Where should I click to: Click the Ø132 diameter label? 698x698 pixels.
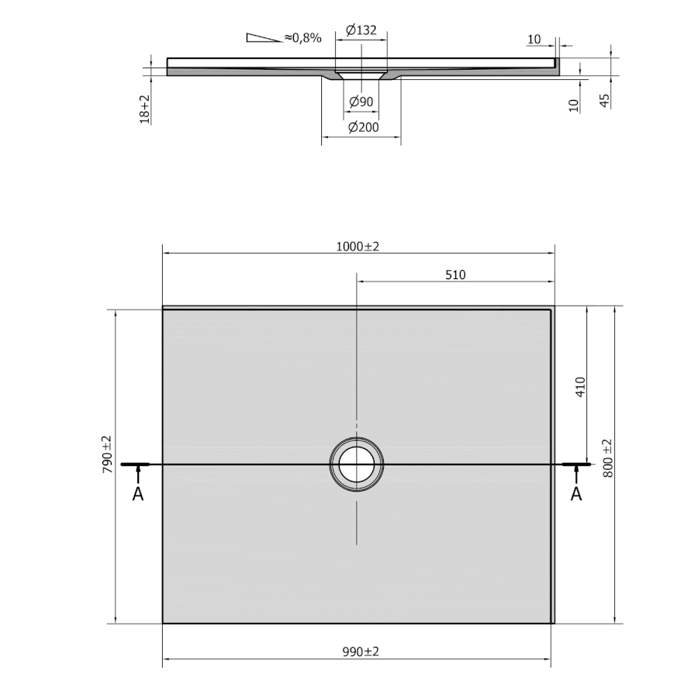tap(361, 30)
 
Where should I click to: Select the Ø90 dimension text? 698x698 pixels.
tap(361, 102)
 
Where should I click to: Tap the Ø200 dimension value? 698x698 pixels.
tap(363, 127)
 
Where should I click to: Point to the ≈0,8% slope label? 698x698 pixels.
tap(302, 38)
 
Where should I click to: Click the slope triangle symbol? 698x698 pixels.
tap(263, 38)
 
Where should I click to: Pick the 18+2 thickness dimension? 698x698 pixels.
tap(145, 109)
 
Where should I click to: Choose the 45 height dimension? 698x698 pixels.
tap(604, 101)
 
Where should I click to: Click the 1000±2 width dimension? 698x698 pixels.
tap(358, 247)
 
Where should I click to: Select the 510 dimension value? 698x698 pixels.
tap(455, 275)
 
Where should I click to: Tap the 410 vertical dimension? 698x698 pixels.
tap(580, 387)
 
